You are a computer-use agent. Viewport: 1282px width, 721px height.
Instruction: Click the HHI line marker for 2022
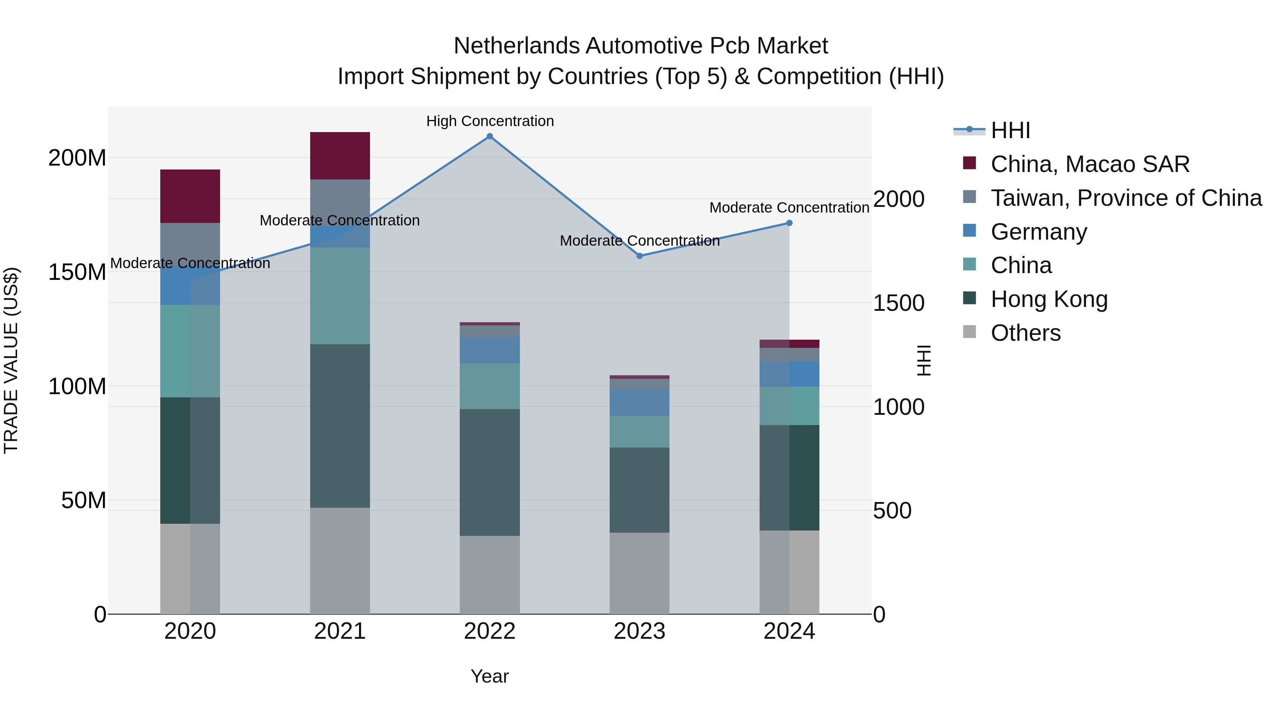pyautogui.click(x=490, y=136)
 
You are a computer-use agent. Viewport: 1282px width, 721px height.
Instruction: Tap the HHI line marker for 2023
pyautogui.click(x=640, y=256)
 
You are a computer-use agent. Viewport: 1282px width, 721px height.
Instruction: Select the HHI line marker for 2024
pyautogui.click(x=789, y=223)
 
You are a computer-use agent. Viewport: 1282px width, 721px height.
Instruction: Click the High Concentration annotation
pyautogui.click(x=490, y=121)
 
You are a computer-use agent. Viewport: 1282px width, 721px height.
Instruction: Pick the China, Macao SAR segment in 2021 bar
pyautogui.click(x=340, y=155)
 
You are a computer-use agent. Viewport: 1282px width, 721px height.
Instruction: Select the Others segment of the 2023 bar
pyautogui.click(x=640, y=573)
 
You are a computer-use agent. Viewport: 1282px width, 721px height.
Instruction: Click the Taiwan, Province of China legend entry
pyautogui.click(x=1126, y=198)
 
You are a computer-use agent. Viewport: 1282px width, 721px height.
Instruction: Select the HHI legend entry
pyautogui.click(x=1010, y=130)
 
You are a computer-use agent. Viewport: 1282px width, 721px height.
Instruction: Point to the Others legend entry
pyautogui.click(x=1025, y=333)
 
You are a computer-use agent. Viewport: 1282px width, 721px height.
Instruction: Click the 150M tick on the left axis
pyautogui.click(x=77, y=272)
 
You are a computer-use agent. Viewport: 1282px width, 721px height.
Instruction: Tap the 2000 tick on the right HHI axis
pyautogui.click(x=899, y=199)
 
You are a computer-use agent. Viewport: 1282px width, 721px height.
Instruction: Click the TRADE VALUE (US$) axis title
pyautogui.click(x=11, y=360)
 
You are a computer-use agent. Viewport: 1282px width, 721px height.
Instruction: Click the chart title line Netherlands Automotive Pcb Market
pyautogui.click(x=641, y=46)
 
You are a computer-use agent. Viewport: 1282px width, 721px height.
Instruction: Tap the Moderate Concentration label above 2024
pyautogui.click(x=789, y=208)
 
